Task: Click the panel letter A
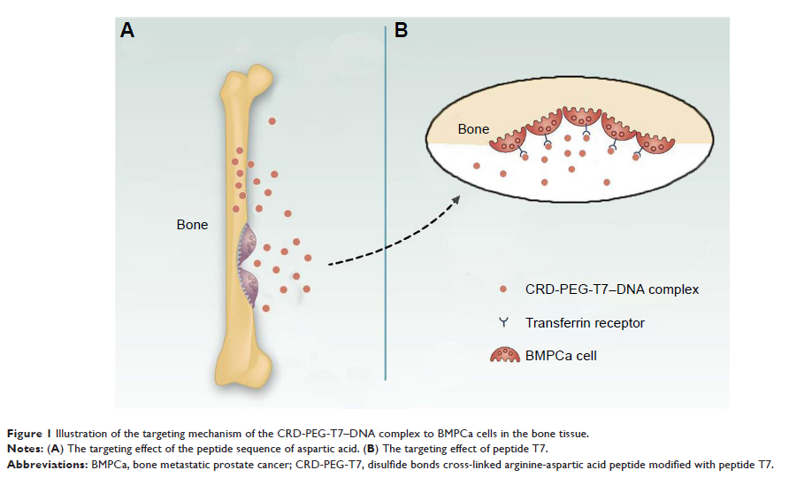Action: coord(127,31)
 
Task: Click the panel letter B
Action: coord(401,31)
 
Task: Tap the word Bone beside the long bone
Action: coord(193,225)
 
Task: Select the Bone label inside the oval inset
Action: coord(473,129)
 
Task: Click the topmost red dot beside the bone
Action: coord(272,120)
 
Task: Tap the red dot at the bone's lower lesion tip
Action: coord(266,308)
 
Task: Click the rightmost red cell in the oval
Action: coord(655,143)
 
